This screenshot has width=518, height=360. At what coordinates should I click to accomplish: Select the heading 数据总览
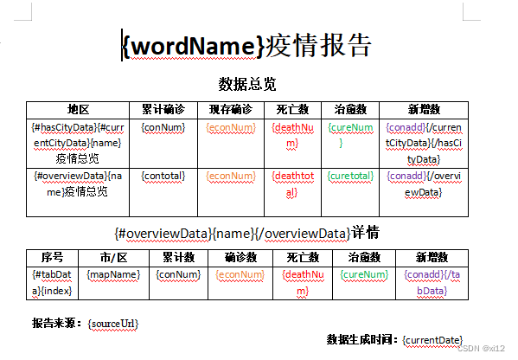[x=247, y=84]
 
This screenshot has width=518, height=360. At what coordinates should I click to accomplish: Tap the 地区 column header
[x=78, y=109]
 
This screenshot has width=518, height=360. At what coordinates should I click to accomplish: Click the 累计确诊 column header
[x=163, y=109]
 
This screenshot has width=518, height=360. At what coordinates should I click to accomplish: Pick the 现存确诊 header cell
[x=231, y=109]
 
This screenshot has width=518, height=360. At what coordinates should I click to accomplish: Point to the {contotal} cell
[x=163, y=176]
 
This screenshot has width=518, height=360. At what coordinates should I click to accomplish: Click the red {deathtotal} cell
[x=292, y=183]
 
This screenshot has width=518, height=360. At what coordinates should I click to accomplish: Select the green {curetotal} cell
[x=350, y=176]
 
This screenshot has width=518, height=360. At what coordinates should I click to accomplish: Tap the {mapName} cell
[x=113, y=274]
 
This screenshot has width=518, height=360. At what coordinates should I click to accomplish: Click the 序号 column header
[x=52, y=258]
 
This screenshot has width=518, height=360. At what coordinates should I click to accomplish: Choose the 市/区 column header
[x=113, y=258]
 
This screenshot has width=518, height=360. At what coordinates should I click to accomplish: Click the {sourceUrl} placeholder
[x=113, y=324]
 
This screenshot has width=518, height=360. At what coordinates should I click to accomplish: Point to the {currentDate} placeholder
[x=432, y=340]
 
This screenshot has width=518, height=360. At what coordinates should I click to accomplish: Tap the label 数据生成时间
[x=362, y=339]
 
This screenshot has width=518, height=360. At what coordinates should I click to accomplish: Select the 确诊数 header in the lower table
[x=240, y=258]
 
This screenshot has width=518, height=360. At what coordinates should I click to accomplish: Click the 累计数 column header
[x=178, y=258]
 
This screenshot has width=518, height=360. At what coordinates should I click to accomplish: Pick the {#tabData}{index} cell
[x=52, y=283]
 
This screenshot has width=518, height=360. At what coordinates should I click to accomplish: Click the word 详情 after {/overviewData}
[x=365, y=233]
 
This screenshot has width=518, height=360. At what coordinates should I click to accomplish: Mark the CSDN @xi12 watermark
[x=482, y=348]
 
